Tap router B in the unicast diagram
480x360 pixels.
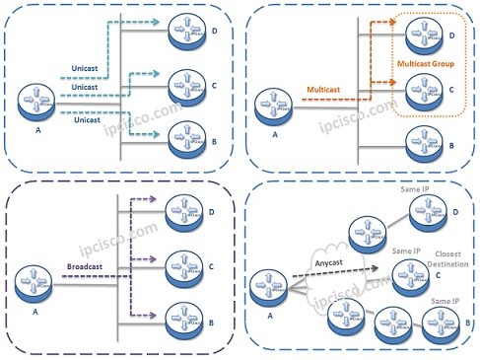187,129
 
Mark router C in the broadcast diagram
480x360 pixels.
188,263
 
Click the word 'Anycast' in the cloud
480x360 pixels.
341,262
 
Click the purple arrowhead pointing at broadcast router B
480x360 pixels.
160,317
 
